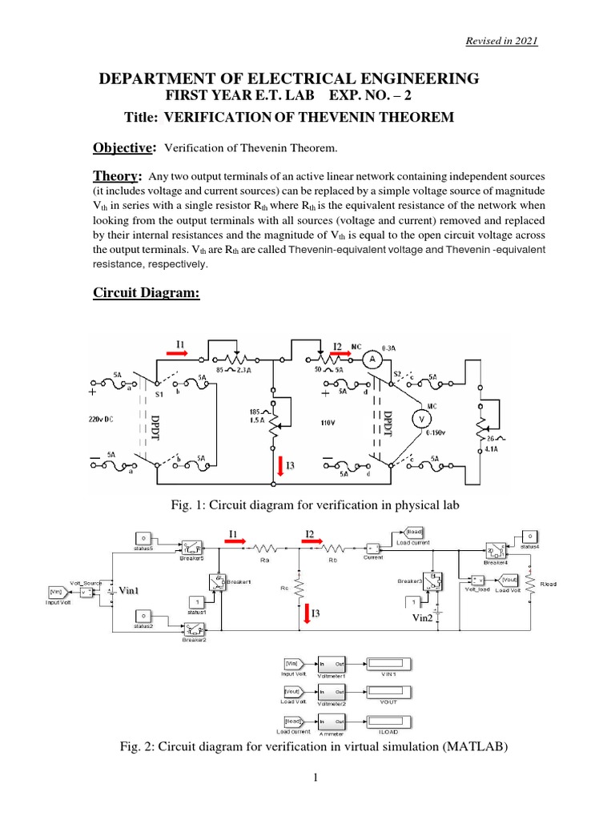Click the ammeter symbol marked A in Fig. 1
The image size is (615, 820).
[x=372, y=361]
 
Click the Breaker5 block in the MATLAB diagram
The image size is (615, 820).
[x=192, y=547]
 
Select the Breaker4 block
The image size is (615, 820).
[x=495, y=549]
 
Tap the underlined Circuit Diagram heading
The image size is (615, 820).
[x=146, y=294]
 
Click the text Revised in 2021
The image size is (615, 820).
[x=502, y=41]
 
